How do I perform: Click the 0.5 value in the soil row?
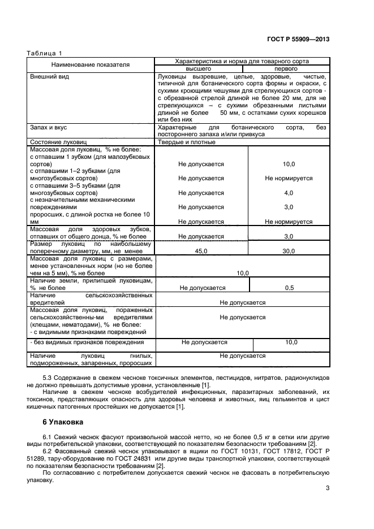pyautogui.click(x=289, y=288)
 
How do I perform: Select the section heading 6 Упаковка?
pyautogui.click(x=63, y=422)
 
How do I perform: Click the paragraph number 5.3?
pyautogui.click(x=49, y=377)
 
